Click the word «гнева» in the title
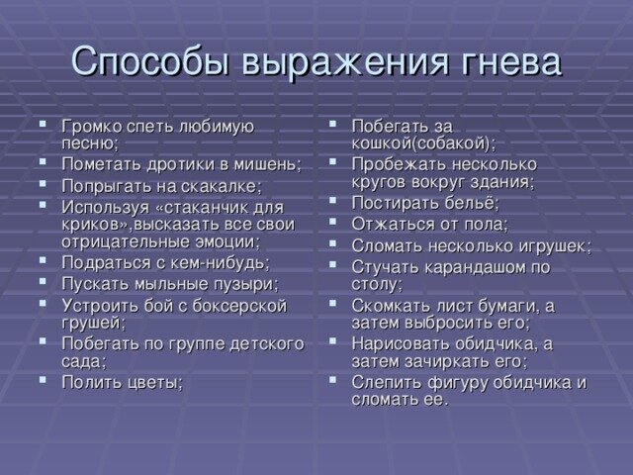click(x=510, y=62)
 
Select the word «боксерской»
click(x=239, y=306)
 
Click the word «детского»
click(x=267, y=344)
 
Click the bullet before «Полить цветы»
click(x=43, y=380)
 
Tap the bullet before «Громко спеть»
click(x=43, y=124)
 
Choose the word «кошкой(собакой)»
click(x=423, y=143)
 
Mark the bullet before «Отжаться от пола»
click(x=332, y=222)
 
